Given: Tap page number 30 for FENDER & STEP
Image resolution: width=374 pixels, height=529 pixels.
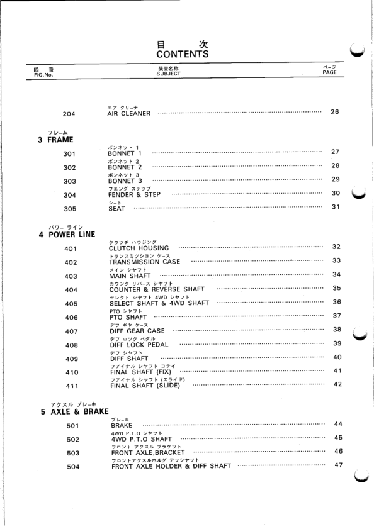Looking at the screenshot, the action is click(x=336, y=193).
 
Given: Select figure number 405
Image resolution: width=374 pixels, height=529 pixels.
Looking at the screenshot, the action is click(x=72, y=303).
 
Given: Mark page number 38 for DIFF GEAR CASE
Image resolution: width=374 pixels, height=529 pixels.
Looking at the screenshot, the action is click(x=336, y=329).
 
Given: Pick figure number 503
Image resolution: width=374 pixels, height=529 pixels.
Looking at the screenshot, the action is click(x=72, y=453).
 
